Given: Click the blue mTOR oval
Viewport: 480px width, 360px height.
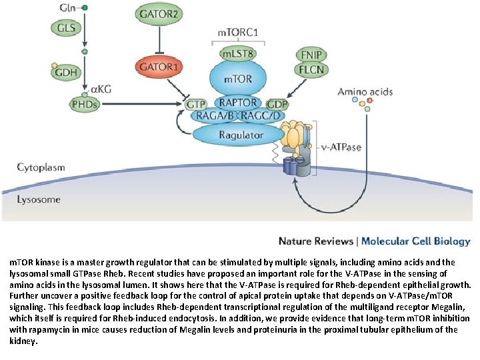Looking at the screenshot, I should [237, 79].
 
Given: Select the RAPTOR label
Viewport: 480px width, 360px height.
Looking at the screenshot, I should [237, 103].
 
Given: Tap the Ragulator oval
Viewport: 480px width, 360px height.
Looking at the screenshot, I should [241, 135].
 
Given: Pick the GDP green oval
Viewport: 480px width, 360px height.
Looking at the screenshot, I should [277, 105].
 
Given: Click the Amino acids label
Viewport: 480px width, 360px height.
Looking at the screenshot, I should [364, 91].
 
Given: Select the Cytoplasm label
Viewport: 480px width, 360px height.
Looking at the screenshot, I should [41, 167].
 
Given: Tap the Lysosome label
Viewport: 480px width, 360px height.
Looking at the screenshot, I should [38, 199].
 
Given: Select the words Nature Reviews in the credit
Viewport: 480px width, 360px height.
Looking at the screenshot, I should [315, 241].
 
